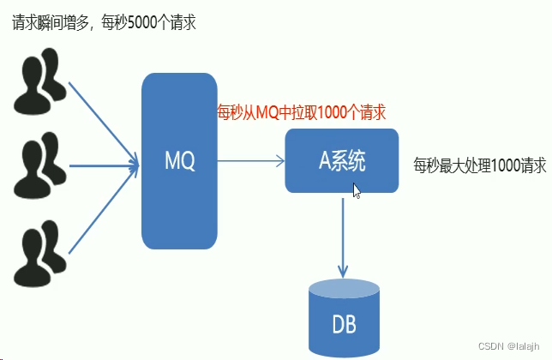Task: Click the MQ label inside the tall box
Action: [x=180, y=160]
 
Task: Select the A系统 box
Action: [x=341, y=160]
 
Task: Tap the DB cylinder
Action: [x=343, y=319]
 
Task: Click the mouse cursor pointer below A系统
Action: [x=357, y=190]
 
